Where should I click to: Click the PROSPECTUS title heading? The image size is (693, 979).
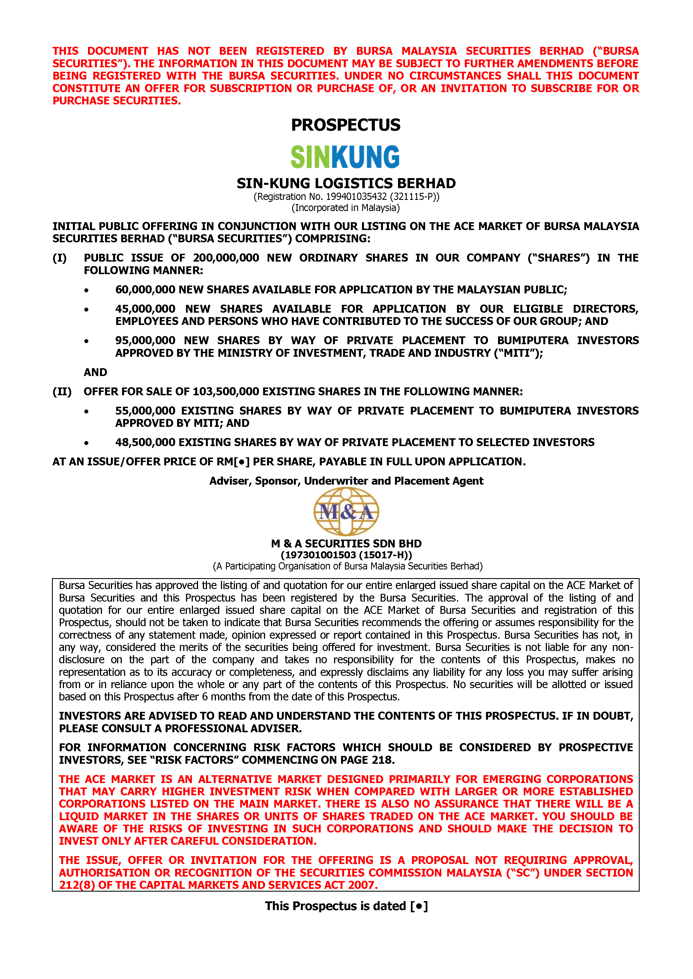(346, 125)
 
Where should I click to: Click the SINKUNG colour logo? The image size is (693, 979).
(345, 157)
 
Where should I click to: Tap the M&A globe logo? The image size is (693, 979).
(346, 511)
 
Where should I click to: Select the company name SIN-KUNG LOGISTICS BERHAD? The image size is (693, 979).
(346, 183)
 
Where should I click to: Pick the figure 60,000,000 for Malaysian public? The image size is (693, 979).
(145, 290)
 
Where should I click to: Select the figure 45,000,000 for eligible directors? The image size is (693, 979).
(145, 309)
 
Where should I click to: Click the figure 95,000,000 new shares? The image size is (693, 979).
(145, 341)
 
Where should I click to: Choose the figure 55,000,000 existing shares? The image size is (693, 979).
(145, 411)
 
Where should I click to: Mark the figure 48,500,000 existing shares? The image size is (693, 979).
(145, 442)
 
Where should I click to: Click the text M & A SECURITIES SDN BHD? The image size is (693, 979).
(346, 544)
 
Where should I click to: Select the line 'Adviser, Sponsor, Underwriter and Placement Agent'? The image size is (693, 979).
(346, 481)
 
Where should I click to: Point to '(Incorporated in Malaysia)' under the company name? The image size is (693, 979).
(346, 208)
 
